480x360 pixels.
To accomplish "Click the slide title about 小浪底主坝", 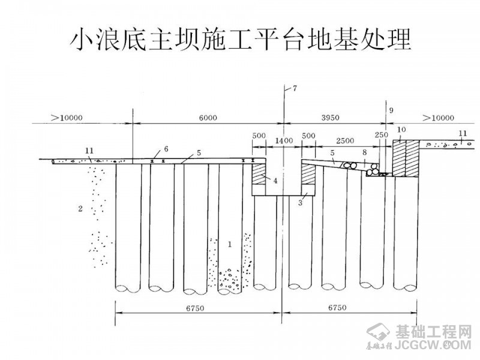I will point(240,40).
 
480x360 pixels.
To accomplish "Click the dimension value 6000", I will point(207,118).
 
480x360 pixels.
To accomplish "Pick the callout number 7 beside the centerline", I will point(294,89).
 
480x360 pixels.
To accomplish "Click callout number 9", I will point(391,110).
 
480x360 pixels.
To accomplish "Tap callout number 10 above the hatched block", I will point(401,130).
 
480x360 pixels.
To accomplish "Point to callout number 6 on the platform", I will point(166,149).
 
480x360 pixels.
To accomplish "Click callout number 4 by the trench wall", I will point(274,179).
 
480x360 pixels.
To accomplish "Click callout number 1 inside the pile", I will point(229,244).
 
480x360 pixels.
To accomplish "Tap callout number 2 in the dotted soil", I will point(80,209).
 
